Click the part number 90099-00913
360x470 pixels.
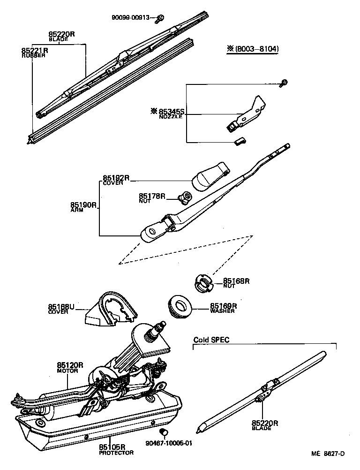(x=130, y=18)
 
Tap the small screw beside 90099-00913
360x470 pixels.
(x=160, y=18)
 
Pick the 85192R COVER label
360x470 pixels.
(x=116, y=180)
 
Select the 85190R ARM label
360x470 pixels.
(x=83, y=206)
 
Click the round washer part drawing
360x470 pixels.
(x=182, y=306)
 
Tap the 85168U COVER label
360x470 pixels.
(x=61, y=308)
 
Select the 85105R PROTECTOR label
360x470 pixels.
(x=116, y=449)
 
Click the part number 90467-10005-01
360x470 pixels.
(x=169, y=442)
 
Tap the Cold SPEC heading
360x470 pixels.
(x=211, y=340)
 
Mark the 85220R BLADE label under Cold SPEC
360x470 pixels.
(x=265, y=424)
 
